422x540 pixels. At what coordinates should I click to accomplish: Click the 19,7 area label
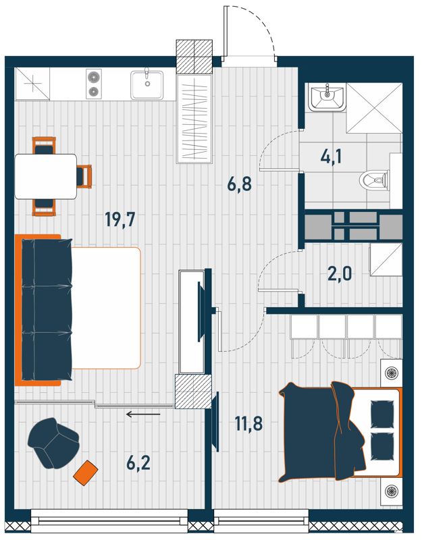coord(120,220)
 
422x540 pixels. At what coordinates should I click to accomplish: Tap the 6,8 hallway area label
coord(240,184)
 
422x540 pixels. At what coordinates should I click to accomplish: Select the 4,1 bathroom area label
coord(331,158)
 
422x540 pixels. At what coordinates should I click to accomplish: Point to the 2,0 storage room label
coord(340,274)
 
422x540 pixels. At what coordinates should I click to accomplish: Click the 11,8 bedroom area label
coord(248,424)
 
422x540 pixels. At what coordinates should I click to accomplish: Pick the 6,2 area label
coord(138,463)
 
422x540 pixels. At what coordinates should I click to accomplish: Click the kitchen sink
coord(147,84)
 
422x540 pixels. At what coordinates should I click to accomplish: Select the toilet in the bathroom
coord(374,180)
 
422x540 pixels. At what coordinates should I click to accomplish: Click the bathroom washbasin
coord(327,98)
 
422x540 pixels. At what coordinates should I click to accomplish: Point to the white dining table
coord(45,176)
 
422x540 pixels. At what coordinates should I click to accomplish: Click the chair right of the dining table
coord(84,176)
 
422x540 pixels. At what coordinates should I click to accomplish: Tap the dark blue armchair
coord(54,443)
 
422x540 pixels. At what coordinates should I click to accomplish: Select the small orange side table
coord(86,473)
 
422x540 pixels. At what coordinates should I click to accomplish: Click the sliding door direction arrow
coord(143,414)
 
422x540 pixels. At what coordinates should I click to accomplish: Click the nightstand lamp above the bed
coord(392,373)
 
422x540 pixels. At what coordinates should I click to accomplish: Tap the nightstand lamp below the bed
coord(392,491)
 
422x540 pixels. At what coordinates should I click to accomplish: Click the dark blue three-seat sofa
coord(47,309)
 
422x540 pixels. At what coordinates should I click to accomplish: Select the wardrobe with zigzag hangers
coord(194,119)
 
